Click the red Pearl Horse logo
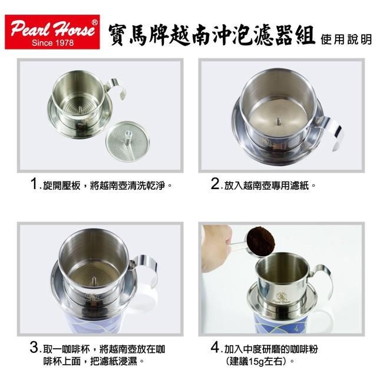click(x=52, y=32)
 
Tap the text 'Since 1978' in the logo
click(x=52, y=43)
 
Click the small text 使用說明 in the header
click(x=346, y=39)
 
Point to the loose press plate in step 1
click(x=127, y=142)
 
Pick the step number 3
click(x=34, y=347)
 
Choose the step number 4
click(x=215, y=347)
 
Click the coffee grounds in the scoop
click(x=261, y=239)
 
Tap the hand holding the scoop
click(x=217, y=247)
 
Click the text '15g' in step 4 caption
click(x=256, y=361)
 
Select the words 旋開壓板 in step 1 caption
click(x=61, y=186)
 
